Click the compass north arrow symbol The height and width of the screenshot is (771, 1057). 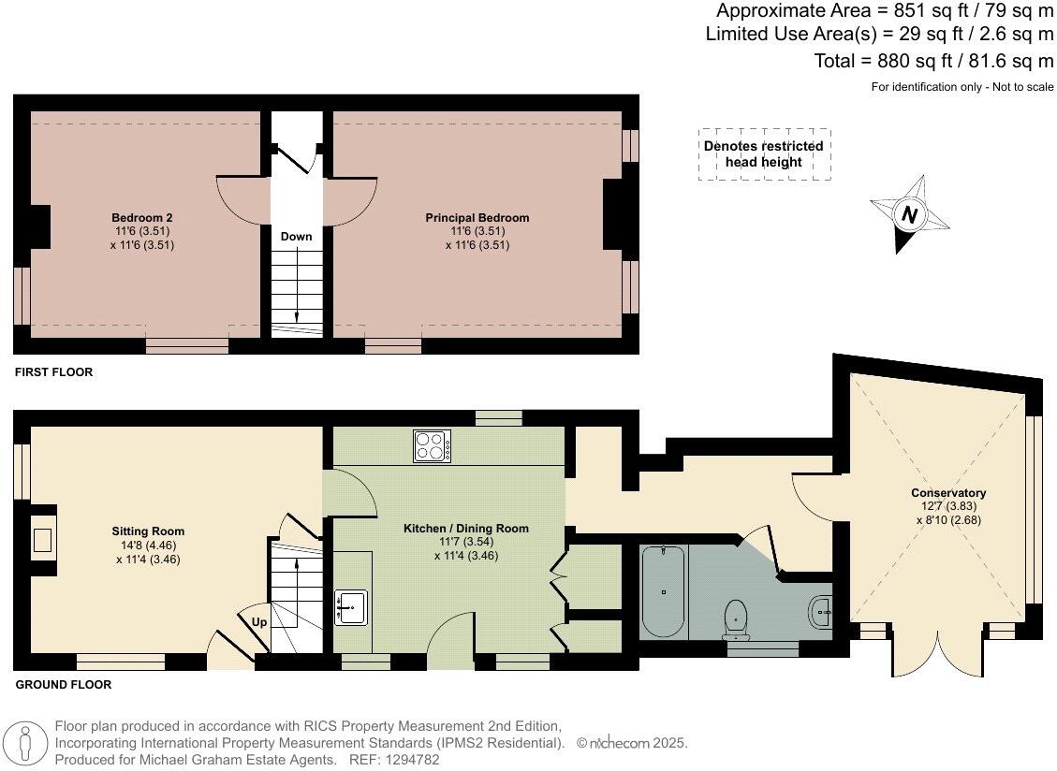pos(908,214)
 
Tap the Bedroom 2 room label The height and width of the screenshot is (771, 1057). pos(142,218)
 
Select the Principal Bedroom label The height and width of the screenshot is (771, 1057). pos(477,218)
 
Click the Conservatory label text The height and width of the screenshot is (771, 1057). pos(948,493)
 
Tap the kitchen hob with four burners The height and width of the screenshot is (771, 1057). pos(432,445)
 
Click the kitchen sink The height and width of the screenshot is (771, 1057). pos(353,607)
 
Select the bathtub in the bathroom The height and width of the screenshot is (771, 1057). pos(663,591)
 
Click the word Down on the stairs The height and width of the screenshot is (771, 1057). pos(296,237)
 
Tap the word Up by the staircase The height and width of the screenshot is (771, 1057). pos(258,621)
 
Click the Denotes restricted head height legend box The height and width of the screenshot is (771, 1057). pos(764,154)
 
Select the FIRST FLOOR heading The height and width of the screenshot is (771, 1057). pos(54,372)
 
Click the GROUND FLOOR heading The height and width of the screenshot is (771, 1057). pos(64,685)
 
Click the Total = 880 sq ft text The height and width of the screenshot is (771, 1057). pos(934,61)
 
